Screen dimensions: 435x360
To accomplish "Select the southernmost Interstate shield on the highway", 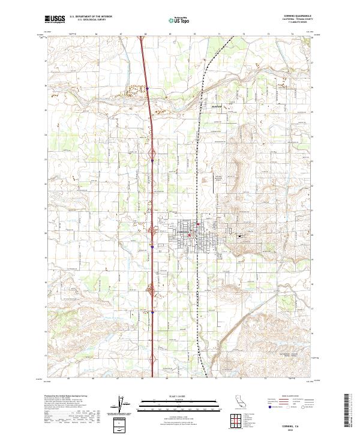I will point(153,312).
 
